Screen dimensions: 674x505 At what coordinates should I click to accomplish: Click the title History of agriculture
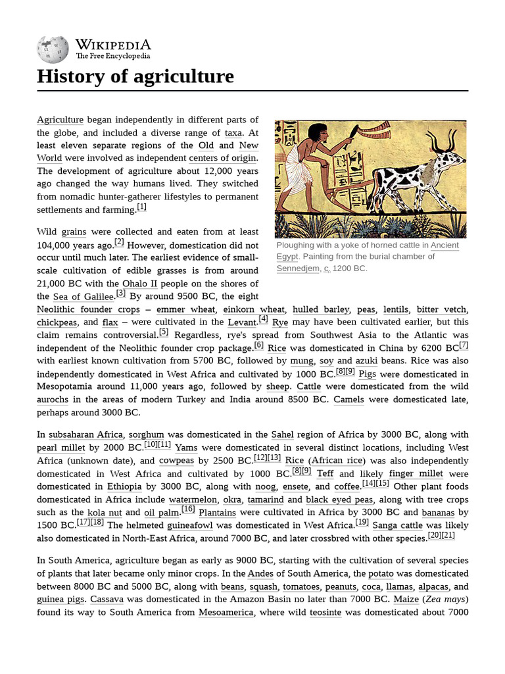135,76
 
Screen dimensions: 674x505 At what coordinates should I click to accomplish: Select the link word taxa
233,132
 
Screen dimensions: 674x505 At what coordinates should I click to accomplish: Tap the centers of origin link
223,158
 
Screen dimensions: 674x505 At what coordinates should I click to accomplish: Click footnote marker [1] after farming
141,207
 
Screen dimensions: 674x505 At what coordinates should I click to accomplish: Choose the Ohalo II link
139,284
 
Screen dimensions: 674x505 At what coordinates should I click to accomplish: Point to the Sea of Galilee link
84,297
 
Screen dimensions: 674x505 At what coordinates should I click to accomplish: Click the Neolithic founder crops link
88,309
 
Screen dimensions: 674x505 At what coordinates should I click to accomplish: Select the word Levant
242,322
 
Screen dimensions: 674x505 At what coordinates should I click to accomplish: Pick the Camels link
349,400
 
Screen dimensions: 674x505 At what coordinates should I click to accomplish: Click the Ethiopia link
124,486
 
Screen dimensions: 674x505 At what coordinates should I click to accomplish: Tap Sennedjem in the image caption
298,269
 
